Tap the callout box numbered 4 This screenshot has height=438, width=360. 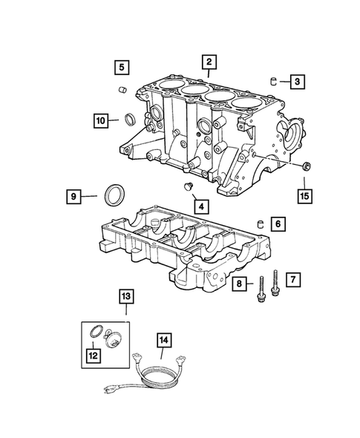point(201,205)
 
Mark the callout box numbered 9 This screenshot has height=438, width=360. point(72,197)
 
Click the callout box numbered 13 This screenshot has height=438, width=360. point(127,298)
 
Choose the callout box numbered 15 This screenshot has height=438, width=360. point(304,196)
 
